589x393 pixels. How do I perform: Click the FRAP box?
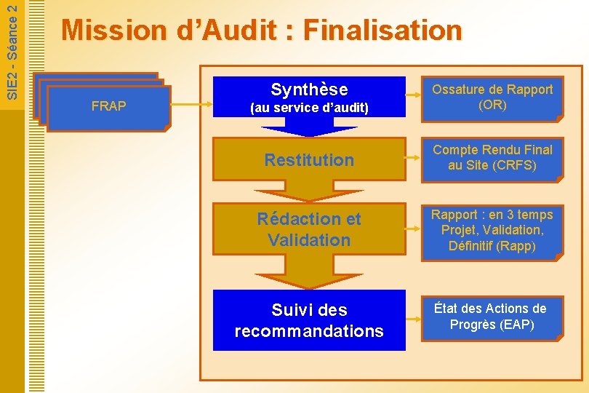[x=108, y=107]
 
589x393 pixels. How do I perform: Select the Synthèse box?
[x=309, y=97]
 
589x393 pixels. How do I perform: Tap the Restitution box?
[x=309, y=159]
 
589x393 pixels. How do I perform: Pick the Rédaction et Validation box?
[x=309, y=229]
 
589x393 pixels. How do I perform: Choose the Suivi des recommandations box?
[x=309, y=320]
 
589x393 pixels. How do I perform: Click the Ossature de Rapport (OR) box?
[x=492, y=98]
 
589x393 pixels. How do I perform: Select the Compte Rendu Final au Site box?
[x=492, y=158]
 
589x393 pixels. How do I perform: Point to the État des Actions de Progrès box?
[x=492, y=317]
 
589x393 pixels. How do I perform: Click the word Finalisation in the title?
[x=382, y=31]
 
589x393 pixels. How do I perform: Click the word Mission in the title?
[x=114, y=31]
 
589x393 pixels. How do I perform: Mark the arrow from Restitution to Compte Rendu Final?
[x=413, y=159]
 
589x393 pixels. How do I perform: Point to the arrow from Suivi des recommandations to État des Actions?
[x=413, y=318]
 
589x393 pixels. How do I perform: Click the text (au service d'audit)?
[x=309, y=108]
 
